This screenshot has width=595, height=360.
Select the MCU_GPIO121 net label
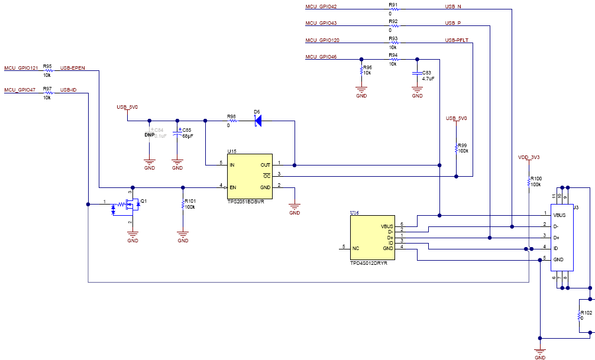coord(20,68)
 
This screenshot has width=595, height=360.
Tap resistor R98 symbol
coord(231,121)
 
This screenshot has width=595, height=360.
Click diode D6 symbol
coord(257,121)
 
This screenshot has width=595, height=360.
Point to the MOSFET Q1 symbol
coord(131,205)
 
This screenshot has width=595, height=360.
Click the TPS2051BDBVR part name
coord(245,201)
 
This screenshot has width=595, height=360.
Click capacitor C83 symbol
coord(418,73)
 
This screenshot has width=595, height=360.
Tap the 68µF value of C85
coord(187,135)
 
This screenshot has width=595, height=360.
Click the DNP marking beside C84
coord(149,135)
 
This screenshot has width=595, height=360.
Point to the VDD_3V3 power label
coord(529,157)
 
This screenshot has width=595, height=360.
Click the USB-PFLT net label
coord(457,40)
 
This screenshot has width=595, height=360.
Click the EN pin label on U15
coord(233,187)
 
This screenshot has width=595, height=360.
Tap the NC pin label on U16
coord(355,248)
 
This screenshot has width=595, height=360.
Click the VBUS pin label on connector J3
coord(559,215)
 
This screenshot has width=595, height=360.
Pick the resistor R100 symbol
coord(529,183)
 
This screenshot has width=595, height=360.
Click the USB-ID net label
coord(68,90)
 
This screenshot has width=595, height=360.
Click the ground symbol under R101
coord(183,236)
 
